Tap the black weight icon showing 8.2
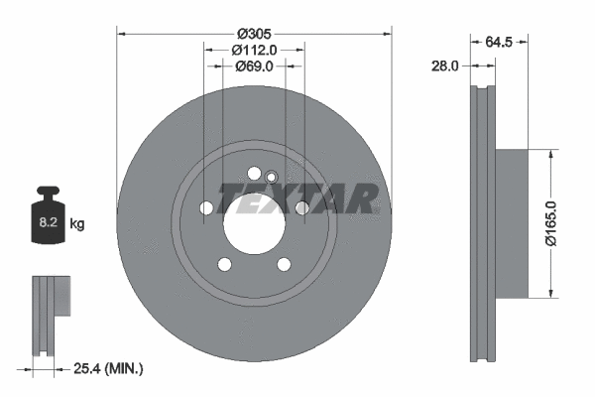(48, 211)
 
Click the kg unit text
(76, 224)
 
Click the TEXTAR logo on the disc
(297, 198)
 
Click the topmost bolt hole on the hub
(255, 170)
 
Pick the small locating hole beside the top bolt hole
(272, 177)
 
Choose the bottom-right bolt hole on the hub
(284, 263)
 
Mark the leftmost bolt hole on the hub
(206, 208)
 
